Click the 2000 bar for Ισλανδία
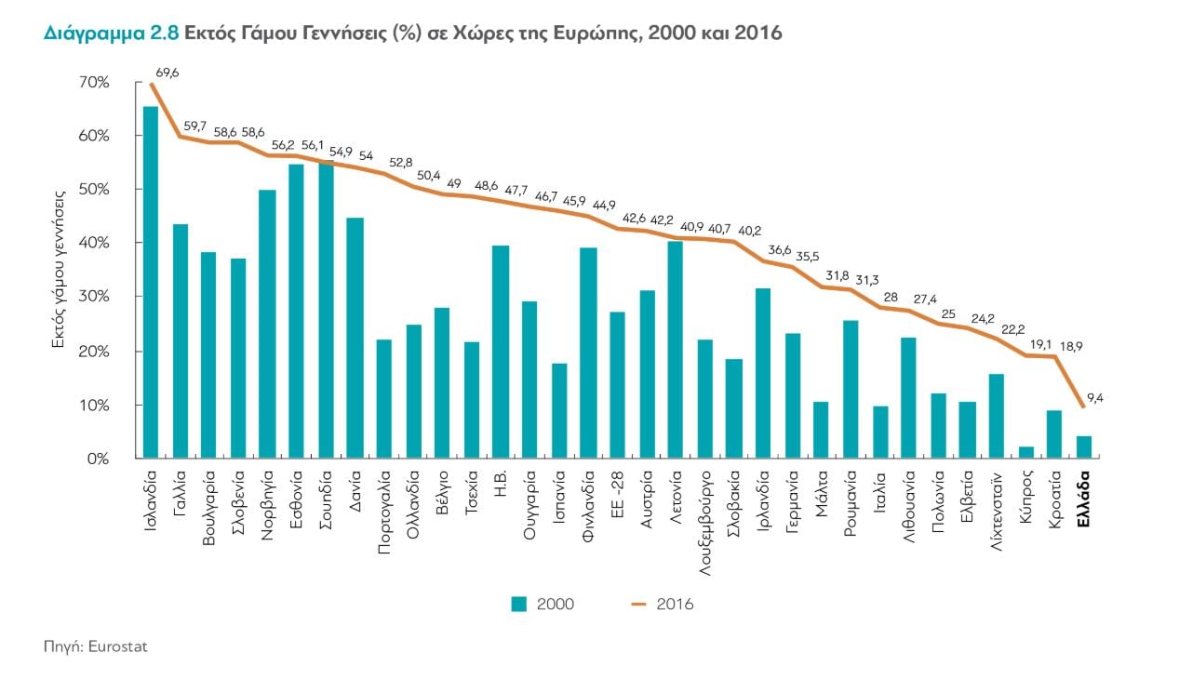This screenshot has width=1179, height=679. pos(151,283)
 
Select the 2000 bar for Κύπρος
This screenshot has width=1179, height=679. pos(1026,452)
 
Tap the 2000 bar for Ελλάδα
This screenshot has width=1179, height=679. pos(1084,446)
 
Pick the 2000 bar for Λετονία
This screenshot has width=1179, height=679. pos(676,350)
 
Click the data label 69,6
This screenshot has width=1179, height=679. pos(167,71)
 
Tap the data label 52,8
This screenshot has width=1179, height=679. pos(401,162)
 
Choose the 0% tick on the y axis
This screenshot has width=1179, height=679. pos(98,459)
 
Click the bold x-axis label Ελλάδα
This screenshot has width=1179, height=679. pos(1084,499)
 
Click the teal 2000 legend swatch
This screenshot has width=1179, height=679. pos(519,604)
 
